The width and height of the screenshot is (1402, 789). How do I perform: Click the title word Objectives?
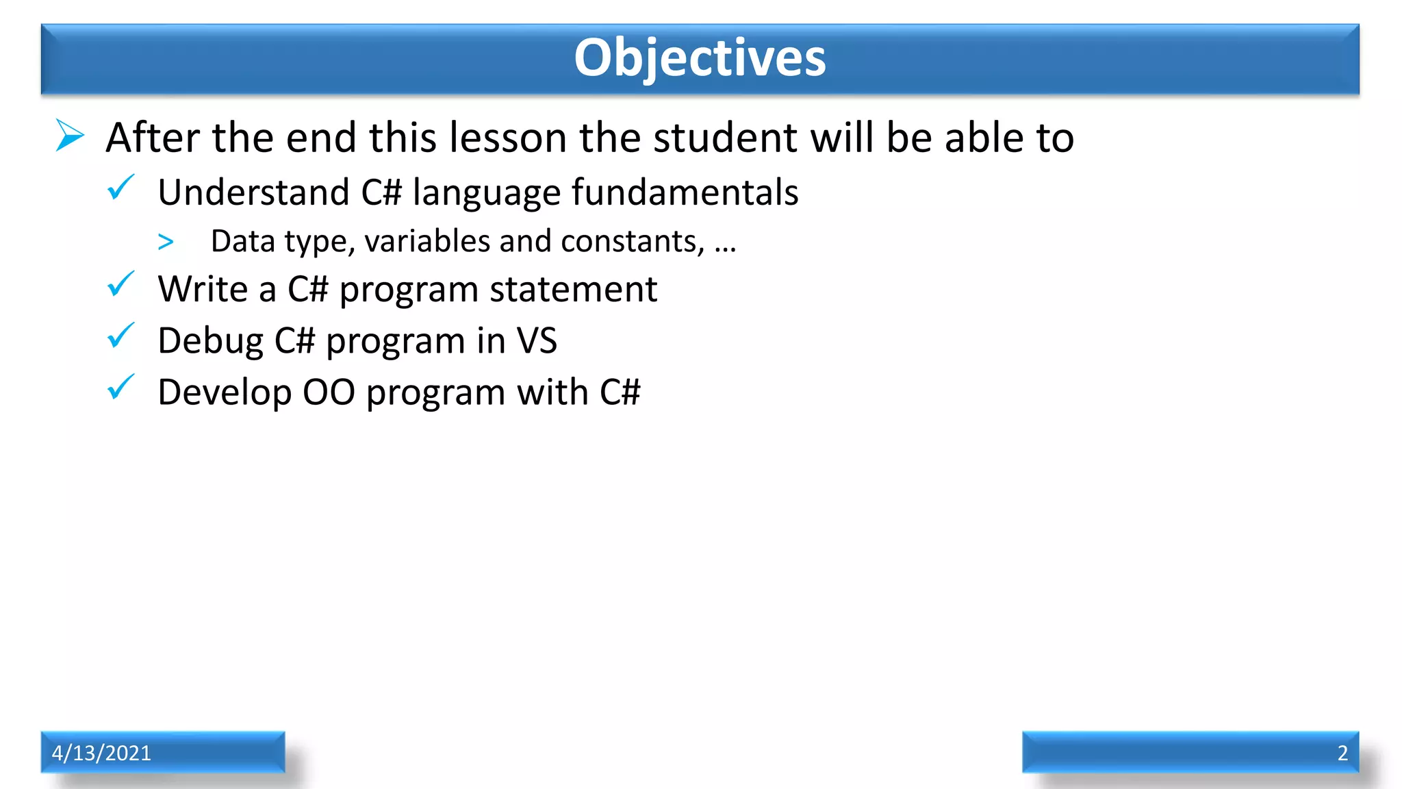(700, 58)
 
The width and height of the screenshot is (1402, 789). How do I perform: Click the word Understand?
(253, 192)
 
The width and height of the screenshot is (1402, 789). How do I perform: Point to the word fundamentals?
(685, 192)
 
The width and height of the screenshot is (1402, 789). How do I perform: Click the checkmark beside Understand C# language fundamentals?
(120, 187)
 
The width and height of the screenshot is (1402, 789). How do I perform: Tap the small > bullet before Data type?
(166, 242)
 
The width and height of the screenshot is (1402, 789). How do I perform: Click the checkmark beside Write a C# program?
(120, 284)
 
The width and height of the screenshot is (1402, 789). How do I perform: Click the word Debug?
(210, 341)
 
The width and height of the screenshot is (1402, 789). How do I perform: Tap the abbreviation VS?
(537, 340)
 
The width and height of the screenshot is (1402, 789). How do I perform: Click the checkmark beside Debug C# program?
(120, 336)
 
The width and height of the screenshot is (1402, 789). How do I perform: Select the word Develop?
(225, 393)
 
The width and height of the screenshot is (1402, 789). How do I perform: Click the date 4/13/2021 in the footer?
(101, 753)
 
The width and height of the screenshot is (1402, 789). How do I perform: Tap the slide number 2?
(1342, 753)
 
